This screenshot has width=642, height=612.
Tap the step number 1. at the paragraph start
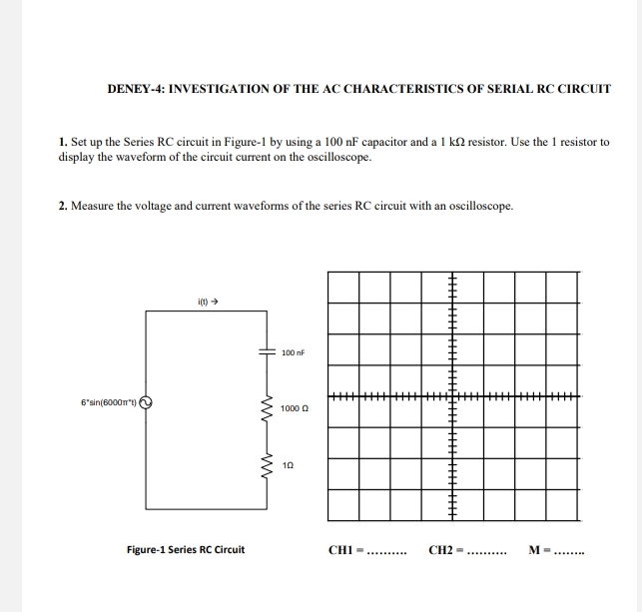coord(63,143)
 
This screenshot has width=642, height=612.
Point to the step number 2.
coord(63,206)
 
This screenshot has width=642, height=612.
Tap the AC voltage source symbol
coord(146,403)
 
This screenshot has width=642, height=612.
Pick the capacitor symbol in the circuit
coord(267,352)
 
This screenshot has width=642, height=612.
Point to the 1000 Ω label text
coord(296,408)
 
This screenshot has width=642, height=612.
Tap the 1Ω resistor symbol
coord(267,464)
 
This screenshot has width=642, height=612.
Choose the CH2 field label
coord(444,549)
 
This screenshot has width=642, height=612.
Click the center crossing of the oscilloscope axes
coord(452,397)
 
